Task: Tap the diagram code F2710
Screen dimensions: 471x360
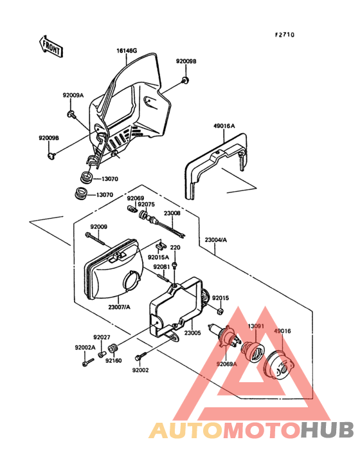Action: (x=285, y=35)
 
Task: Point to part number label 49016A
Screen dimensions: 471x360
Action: (x=224, y=127)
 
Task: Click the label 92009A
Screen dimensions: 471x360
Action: (x=73, y=95)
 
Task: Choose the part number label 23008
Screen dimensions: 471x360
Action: (x=172, y=212)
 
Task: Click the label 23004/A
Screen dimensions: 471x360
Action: (x=216, y=240)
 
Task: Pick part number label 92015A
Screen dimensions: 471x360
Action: (x=158, y=257)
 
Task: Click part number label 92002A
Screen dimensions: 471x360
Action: (x=84, y=347)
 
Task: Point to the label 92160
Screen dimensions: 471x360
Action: (x=114, y=360)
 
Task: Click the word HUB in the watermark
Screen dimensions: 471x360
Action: (x=327, y=430)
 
